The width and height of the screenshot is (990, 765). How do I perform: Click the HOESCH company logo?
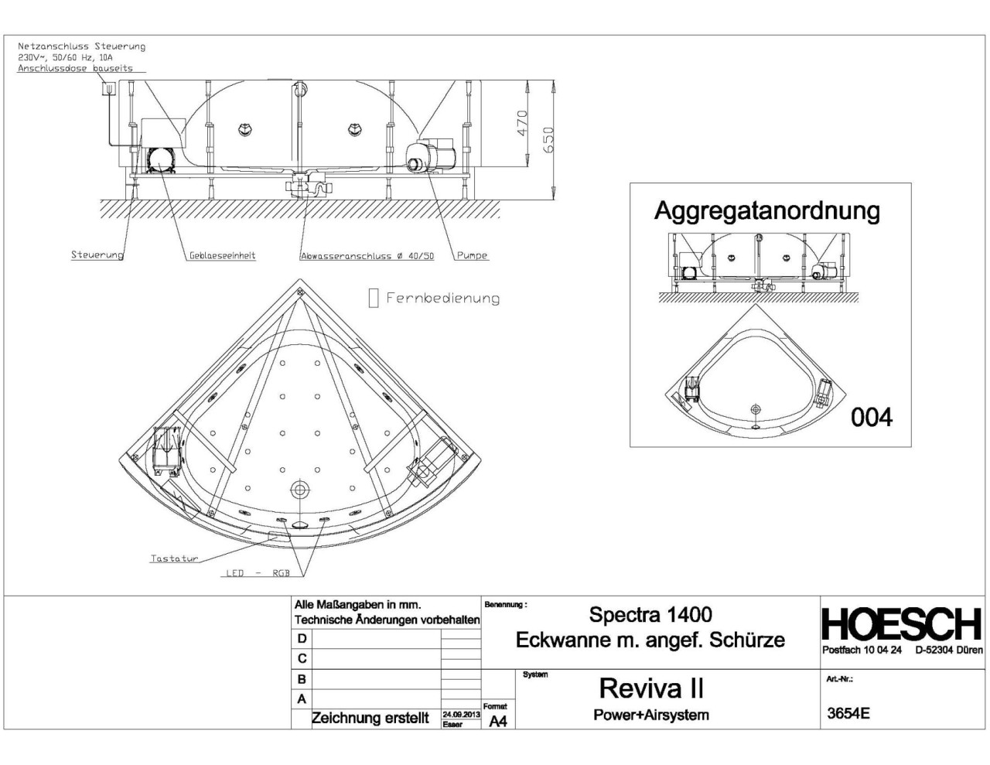[x=902, y=624]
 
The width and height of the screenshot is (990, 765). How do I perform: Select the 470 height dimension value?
[x=522, y=122]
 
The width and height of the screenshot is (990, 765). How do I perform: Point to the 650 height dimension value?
[x=548, y=139]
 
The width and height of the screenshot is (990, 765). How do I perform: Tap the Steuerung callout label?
[x=97, y=255]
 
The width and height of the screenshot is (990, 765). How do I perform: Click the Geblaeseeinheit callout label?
[x=222, y=255]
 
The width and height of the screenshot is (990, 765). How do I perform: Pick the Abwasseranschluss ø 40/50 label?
[x=367, y=256]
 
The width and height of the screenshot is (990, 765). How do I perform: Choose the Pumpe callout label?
[x=472, y=255]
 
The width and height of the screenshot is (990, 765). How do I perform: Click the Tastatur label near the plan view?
[x=174, y=558]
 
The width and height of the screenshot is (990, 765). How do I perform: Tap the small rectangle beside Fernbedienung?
[x=374, y=299]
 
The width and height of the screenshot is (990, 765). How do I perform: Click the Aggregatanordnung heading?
[x=766, y=210]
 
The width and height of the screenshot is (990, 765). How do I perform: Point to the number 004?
[x=872, y=418]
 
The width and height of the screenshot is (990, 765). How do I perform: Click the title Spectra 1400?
[x=650, y=615]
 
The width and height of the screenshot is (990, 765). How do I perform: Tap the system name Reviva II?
[x=651, y=688]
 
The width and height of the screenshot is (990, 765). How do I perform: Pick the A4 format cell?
[x=498, y=721]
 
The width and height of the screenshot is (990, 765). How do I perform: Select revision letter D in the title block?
[x=302, y=638]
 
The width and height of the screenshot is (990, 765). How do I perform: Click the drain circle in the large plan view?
[x=299, y=489]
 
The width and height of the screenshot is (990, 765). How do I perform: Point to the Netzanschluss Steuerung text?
[x=81, y=46]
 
